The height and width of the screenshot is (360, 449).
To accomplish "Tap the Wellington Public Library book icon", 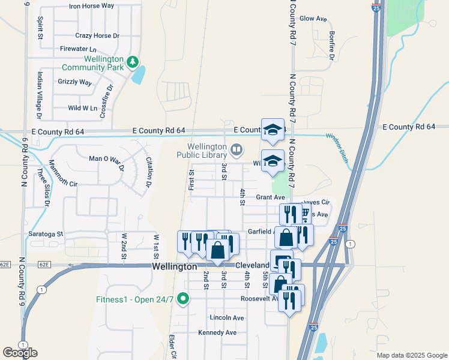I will [x=237, y=149].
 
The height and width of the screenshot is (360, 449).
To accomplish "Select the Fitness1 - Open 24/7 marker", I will [x=186, y=298].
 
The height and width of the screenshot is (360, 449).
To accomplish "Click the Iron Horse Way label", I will [x=91, y=5].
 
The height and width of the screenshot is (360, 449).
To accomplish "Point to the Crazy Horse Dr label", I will [x=97, y=36].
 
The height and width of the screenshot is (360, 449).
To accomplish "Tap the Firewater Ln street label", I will [x=78, y=49].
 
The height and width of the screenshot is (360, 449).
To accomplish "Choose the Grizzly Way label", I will [x=74, y=82].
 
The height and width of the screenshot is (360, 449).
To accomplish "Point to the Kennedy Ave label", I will [x=217, y=332].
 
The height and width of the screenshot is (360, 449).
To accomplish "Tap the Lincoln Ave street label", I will [x=227, y=317].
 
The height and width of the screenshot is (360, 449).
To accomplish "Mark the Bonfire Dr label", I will [x=331, y=46].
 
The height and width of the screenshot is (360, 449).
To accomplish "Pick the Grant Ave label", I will [x=270, y=197].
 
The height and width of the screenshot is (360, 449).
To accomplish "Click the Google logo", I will [x=20, y=353].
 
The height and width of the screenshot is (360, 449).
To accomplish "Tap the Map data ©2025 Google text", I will [x=411, y=355].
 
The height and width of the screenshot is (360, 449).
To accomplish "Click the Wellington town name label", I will [x=174, y=266].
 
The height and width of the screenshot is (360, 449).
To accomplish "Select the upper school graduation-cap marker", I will [x=273, y=129].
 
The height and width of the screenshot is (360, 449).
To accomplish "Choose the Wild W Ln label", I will [x=82, y=108].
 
